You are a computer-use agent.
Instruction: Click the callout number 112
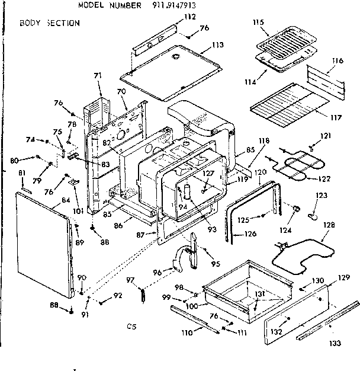189,17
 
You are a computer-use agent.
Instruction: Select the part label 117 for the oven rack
336,117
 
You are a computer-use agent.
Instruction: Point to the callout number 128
329,225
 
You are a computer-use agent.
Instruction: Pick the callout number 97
132,280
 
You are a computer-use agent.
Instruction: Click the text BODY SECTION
49,23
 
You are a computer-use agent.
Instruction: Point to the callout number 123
321,196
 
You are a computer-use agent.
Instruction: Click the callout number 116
337,61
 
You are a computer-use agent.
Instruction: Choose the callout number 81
22,172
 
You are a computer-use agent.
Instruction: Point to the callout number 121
325,136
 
